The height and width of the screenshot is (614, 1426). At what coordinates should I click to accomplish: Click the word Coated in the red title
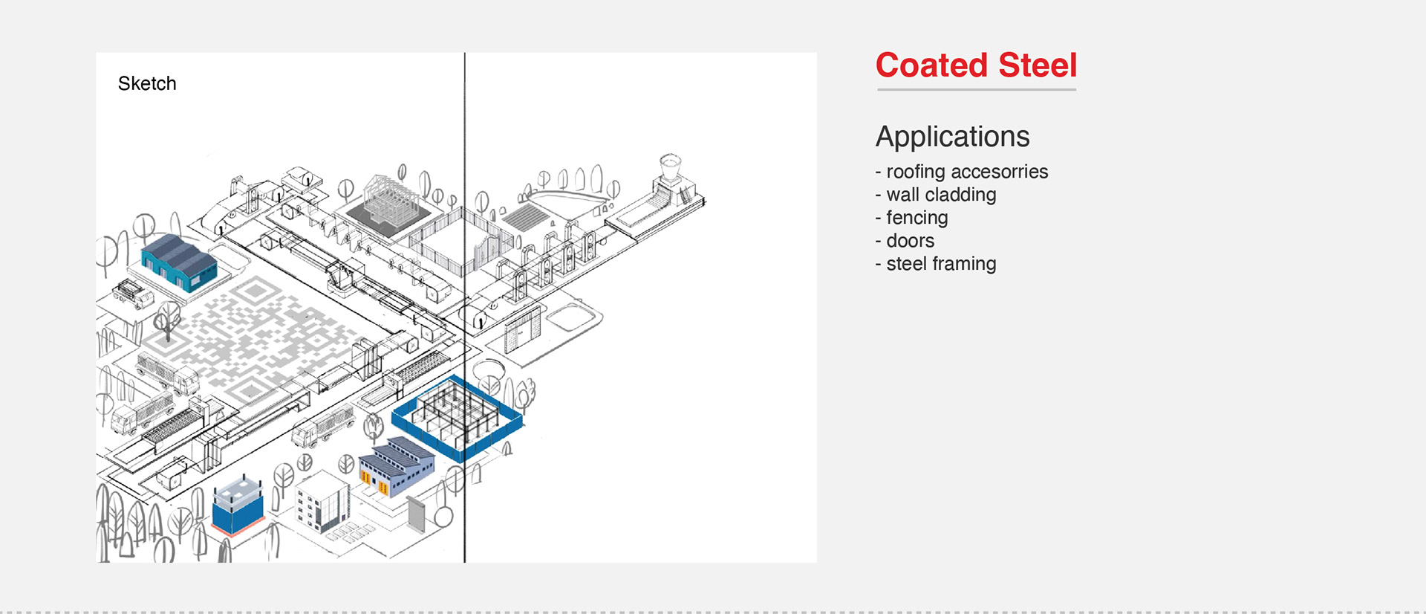click(x=932, y=65)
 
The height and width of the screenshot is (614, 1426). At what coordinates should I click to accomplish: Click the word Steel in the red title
click(x=1038, y=65)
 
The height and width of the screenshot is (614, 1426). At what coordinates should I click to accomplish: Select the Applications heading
click(x=952, y=137)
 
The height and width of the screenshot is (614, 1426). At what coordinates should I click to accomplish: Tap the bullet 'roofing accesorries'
click(x=966, y=172)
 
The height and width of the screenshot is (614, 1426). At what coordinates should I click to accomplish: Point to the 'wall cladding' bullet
click(x=940, y=195)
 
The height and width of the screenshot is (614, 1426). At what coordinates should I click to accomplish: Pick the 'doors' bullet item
click(x=910, y=241)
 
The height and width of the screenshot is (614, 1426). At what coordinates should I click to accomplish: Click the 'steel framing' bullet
click(x=940, y=264)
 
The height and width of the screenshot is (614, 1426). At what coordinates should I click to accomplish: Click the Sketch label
click(x=147, y=83)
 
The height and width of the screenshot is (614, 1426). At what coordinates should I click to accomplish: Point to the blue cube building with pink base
click(x=238, y=505)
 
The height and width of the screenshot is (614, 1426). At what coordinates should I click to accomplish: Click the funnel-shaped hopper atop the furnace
click(x=670, y=168)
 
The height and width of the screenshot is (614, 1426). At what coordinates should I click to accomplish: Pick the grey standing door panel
click(x=417, y=514)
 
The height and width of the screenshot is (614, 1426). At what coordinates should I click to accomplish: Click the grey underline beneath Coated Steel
click(x=976, y=90)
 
